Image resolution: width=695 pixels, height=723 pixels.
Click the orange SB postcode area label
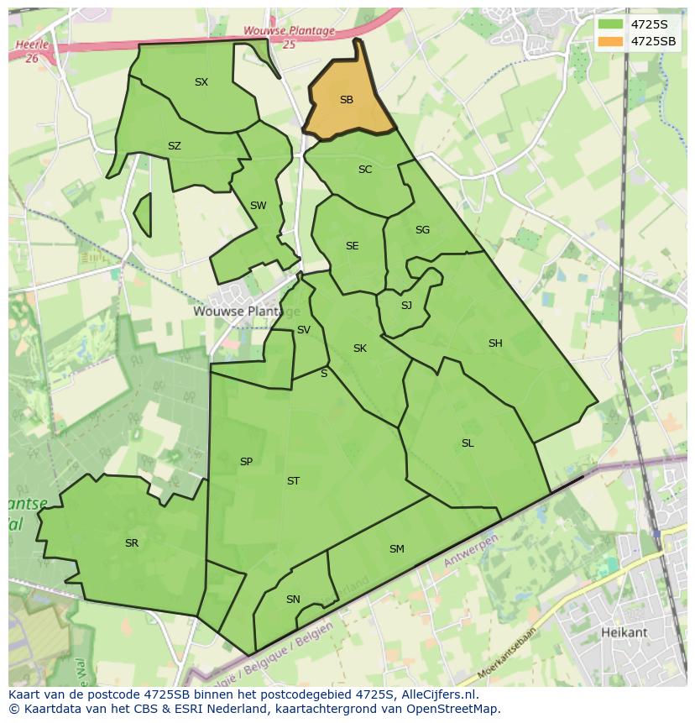pos(346,100)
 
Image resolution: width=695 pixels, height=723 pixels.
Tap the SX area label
pos(201,82)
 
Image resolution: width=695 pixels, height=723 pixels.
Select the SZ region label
pos(174,146)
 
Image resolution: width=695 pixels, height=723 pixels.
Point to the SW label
pos(258,206)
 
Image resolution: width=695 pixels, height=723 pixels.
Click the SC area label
pos(364,170)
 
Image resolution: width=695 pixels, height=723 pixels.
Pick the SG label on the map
pos(422,230)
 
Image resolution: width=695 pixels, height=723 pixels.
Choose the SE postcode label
pos(352,246)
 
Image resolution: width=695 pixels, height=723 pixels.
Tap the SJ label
pos(406,306)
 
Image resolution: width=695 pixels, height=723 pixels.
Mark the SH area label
pos(495,343)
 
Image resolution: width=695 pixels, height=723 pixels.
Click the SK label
pos(359,348)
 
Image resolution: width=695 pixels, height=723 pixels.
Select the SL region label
pos(468,443)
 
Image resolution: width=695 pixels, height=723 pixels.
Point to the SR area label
pos(131,543)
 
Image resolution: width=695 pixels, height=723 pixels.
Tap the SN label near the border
pos(293,600)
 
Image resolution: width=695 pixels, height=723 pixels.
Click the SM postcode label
pos(397,549)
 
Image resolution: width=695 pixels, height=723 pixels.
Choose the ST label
pos(293,481)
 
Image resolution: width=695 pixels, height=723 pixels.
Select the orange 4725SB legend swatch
pos(610,41)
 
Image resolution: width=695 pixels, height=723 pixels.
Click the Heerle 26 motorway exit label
pos(32,51)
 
